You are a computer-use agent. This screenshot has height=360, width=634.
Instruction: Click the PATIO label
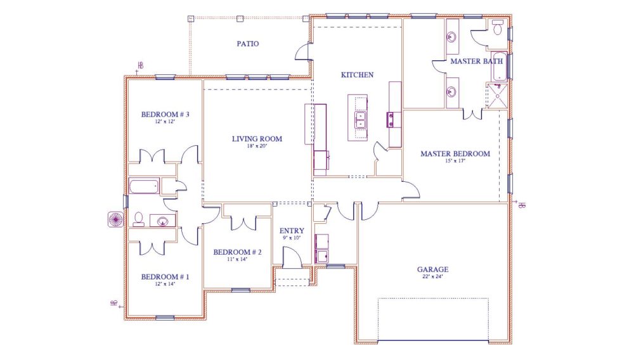coord(248,44)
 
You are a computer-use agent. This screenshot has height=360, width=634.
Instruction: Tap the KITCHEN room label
coord(358,75)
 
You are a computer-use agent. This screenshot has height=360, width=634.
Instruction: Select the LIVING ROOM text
coord(257,139)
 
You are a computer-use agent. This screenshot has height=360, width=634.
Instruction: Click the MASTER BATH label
coord(477,61)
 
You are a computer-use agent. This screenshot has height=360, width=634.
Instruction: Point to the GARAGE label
coord(432,269)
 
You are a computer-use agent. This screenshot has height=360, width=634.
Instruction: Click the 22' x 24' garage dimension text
coord(432,277)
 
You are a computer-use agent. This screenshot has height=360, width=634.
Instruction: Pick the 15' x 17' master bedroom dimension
coord(455,161)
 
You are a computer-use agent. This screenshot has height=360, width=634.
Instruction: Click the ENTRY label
coord(292,231)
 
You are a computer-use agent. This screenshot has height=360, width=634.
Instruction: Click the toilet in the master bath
coord(498,29)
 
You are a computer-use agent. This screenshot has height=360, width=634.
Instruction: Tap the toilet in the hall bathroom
coord(138,219)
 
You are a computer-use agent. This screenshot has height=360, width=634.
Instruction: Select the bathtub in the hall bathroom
coord(144,186)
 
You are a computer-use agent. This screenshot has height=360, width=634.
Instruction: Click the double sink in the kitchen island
coord(361,119)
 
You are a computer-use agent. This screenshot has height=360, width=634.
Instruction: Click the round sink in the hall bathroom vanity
coord(164,221)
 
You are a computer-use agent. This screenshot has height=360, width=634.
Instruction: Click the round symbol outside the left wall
coord(116,219)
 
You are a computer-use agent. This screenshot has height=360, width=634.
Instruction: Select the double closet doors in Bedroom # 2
coord(242,222)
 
